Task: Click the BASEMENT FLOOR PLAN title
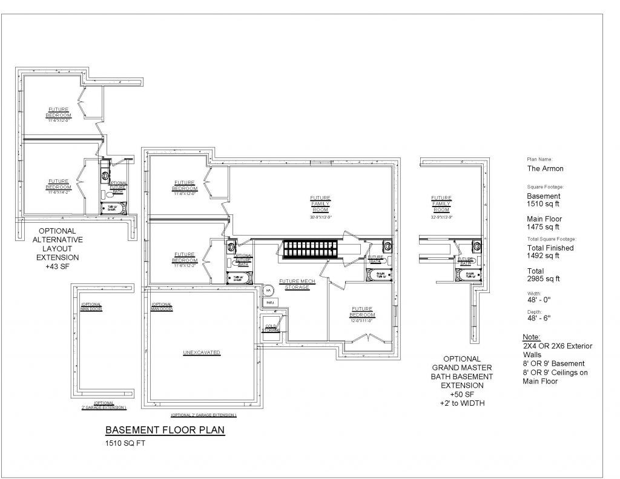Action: tap(165, 431)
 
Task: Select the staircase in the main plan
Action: tap(310, 250)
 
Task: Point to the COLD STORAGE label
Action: tap(271, 328)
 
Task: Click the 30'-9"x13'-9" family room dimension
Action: tap(320, 216)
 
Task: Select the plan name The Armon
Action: tap(546, 169)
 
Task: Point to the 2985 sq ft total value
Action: tap(544, 279)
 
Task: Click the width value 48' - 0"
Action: tap(539, 299)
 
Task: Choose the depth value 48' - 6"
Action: tap(539, 318)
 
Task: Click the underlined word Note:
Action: tap(532, 337)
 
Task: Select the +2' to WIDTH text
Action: tap(462, 403)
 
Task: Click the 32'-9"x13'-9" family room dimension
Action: tap(441, 216)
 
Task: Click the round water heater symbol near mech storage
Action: tap(268, 290)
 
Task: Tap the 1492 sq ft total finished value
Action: tap(544, 256)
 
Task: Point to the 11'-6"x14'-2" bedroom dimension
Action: tap(59, 191)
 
